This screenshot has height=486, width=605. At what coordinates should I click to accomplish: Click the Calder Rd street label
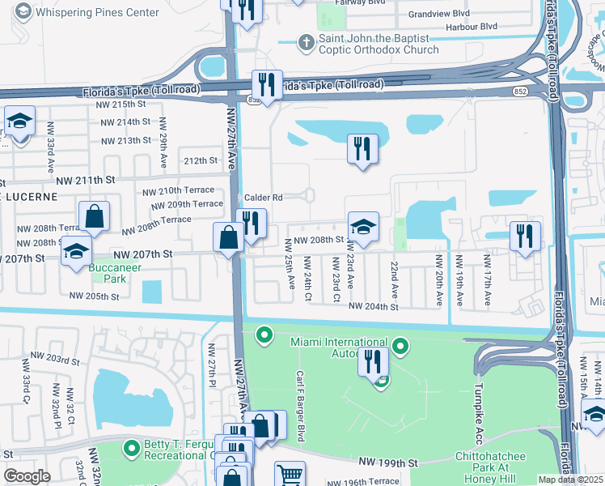coord(264,197)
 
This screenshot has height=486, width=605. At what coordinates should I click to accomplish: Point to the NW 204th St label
coord(373,307)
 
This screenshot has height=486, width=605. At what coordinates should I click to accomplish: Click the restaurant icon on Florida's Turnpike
coord(266,84)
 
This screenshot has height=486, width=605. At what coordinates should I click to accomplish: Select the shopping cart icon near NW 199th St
coord(290,474)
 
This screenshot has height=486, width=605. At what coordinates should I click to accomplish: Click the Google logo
coord(27,476)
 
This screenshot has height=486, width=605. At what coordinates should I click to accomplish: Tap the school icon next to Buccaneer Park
coord(76,253)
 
